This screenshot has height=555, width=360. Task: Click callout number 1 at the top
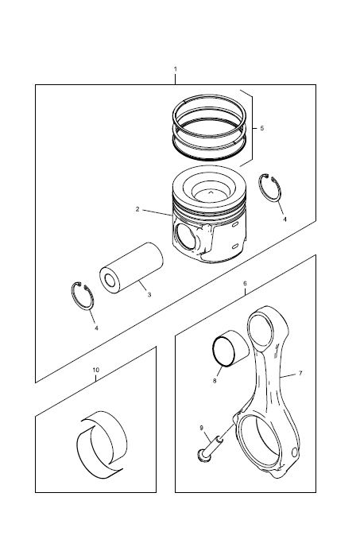click(x=176, y=69)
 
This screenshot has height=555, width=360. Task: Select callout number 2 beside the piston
click(x=137, y=209)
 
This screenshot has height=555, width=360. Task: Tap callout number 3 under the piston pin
click(x=149, y=294)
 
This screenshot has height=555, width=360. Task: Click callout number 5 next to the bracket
click(x=262, y=128)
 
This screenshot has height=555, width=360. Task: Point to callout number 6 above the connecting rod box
click(x=245, y=284)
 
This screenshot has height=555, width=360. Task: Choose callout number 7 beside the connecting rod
click(x=300, y=373)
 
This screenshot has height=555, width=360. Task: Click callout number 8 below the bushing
click(x=215, y=381)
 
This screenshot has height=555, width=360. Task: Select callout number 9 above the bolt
click(x=202, y=428)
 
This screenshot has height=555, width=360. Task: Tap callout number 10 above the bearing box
click(x=96, y=370)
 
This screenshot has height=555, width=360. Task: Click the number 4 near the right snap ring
click(x=285, y=219)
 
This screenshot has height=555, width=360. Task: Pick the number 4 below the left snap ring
click(x=96, y=328)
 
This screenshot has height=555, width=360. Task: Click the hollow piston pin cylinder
click(x=131, y=268)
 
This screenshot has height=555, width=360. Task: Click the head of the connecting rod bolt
click(x=204, y=456)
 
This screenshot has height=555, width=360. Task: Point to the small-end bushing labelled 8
click(x=230, y=348)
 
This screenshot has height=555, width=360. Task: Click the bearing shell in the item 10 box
click(x=102, y=445)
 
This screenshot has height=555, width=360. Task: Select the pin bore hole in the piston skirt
click(x=185, y=236)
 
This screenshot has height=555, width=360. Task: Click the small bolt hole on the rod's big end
click(x=296, y=452)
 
